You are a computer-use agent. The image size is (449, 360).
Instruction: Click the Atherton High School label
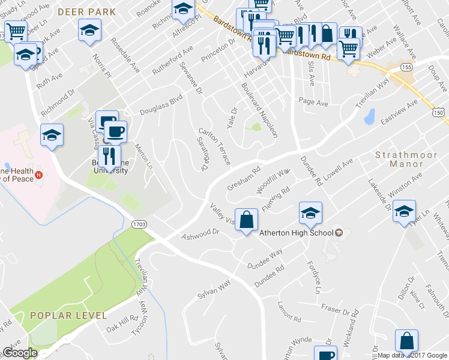295,233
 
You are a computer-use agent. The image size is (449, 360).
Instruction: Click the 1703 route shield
139,224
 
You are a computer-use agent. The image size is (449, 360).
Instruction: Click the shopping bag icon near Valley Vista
246,220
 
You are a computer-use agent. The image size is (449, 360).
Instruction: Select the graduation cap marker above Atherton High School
310,213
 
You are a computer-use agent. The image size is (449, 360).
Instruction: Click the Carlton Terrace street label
214,146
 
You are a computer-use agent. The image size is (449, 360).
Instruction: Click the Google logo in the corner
20,353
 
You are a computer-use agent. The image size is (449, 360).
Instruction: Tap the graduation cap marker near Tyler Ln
405,211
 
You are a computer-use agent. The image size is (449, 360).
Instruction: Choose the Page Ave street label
313,103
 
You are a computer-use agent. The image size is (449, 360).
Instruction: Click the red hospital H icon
38,175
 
